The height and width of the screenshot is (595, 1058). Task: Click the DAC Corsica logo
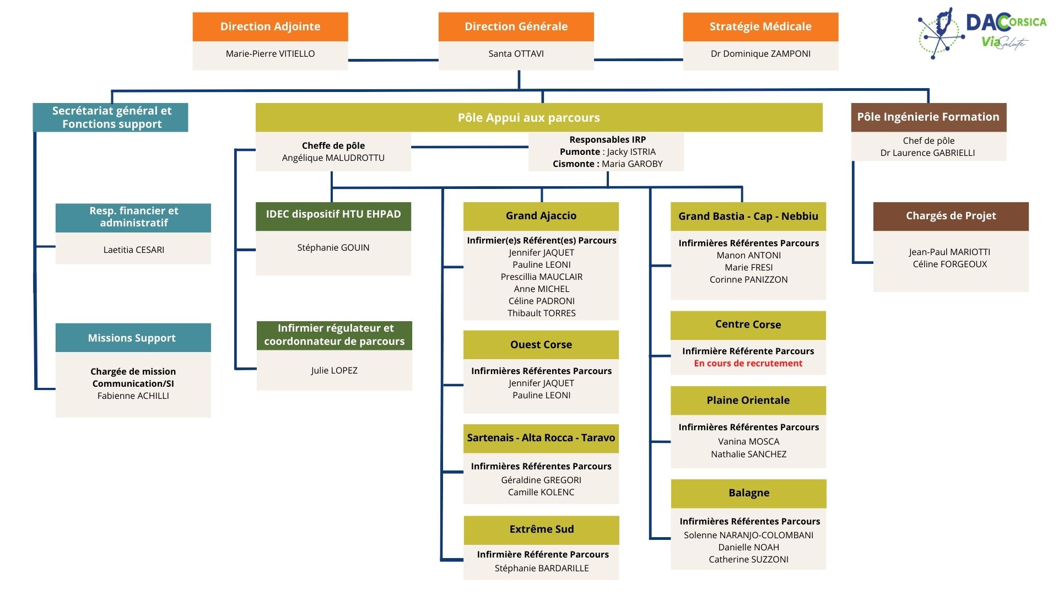(x=981, y=33)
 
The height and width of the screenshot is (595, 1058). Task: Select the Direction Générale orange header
(x=516, y=26)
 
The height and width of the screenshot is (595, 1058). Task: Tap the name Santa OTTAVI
(x=516, y=53)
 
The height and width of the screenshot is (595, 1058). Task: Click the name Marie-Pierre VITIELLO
(x=270, y=53)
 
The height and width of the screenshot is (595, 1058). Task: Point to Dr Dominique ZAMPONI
(x=760, y=53)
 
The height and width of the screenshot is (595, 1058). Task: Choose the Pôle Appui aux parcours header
(x=528, y=117)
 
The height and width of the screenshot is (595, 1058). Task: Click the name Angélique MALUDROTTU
(x=333, y=158)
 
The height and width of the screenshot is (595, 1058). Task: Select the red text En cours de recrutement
(x=748, y=363)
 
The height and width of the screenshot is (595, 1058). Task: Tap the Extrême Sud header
(x=541, y=529)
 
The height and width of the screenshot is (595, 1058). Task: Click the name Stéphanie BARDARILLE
(x=541, y=568)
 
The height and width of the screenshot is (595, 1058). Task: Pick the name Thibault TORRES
(x=541, y=313)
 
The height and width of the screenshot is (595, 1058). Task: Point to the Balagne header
(x=748, y=493)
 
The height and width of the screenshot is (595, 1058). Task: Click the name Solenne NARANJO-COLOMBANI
(x=748, y=535)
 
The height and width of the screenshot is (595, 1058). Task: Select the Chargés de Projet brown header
(x=951, y=216)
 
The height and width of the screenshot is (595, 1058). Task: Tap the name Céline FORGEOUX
(x=949, y=264)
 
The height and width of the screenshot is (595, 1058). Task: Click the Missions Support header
(x=132, y=338)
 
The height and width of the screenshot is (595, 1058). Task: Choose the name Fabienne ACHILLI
(x=133, y=396)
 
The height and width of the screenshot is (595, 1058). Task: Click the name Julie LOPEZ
(x=334, y=370)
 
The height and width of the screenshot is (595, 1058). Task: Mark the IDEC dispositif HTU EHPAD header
(x=333, y=214)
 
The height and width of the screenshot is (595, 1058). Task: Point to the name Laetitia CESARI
(x=133, y=250)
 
